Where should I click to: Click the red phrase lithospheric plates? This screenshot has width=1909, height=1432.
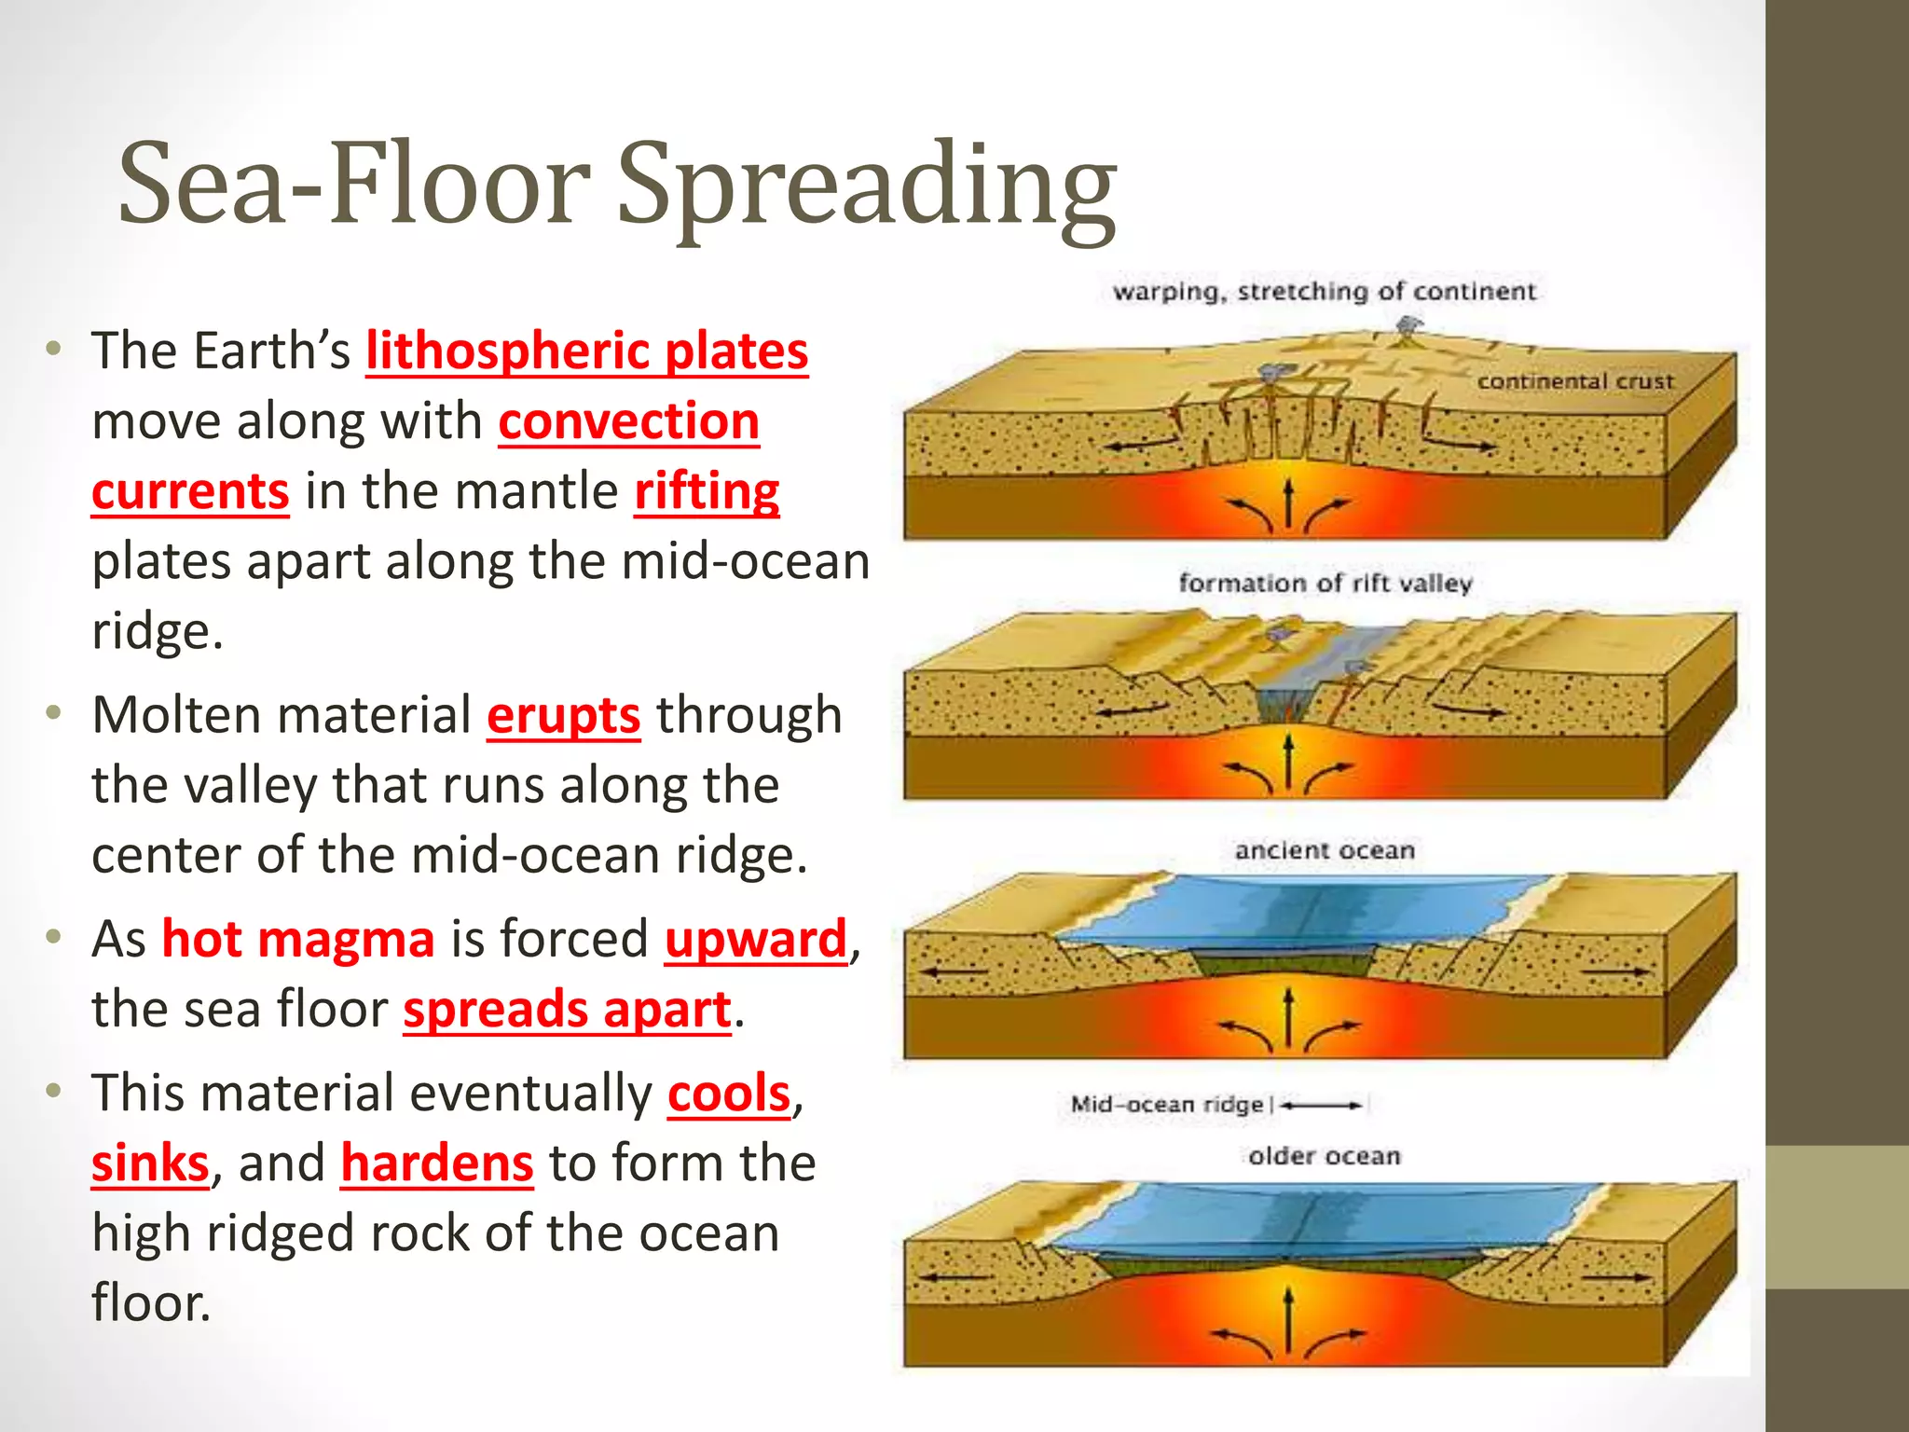tap(586, 351)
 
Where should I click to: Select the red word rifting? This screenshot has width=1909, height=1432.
tap(707, 491)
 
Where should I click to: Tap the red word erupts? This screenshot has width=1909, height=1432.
tap(563, 716)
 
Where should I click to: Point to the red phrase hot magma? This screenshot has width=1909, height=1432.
tap(298, 939)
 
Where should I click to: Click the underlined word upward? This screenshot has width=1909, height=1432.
tap(756, 939)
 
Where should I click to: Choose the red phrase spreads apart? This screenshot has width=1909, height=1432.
tap(567, 1010)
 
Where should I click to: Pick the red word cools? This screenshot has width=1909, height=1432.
tap(729, 1094)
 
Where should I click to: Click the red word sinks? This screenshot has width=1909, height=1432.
tap(150, 1163)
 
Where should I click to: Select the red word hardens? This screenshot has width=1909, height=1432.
tap(436, 1163)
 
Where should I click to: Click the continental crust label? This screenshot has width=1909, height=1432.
tap(1575, 381)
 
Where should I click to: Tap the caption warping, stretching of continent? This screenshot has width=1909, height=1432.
tap(1324, 292)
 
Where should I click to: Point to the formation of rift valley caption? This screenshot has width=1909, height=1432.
tap(1325, 584)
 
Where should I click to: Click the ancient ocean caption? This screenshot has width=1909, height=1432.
tap(1325, 850)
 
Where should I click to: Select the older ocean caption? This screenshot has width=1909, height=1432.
tap(1325, 1156)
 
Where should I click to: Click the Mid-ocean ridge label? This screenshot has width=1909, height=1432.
tap(1166, 1105)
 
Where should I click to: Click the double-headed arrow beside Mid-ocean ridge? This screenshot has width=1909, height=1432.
tap(1322, 1106)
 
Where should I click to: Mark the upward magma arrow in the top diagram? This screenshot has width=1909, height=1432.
tap(1288, 503)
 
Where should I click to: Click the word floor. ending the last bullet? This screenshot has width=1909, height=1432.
tap(151, 1303)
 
